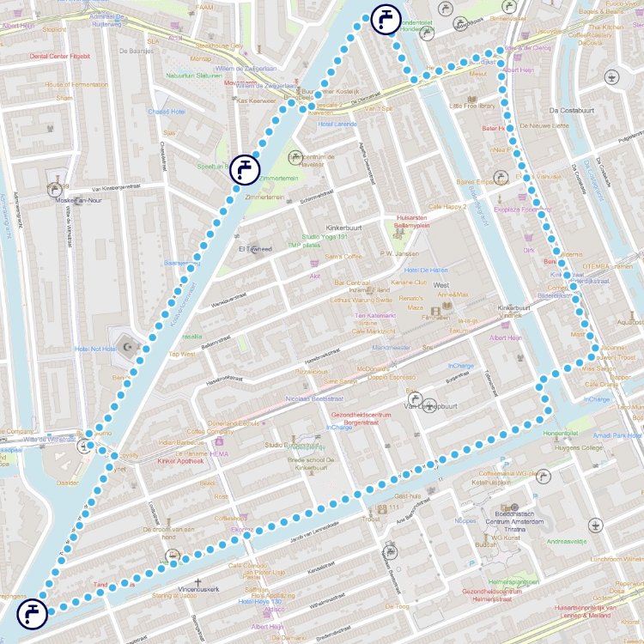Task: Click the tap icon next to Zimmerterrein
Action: tap(245, 168)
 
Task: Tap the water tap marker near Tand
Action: tap(32, 613)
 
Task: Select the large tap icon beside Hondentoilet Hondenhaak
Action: tap(386, 19)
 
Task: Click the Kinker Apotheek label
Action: tap(180, 461)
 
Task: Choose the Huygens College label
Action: tap(579, 447)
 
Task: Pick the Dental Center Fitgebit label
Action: tap(60, 56)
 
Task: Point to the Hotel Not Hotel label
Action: tap(95, 349)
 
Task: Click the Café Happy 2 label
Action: tap(447, 207)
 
